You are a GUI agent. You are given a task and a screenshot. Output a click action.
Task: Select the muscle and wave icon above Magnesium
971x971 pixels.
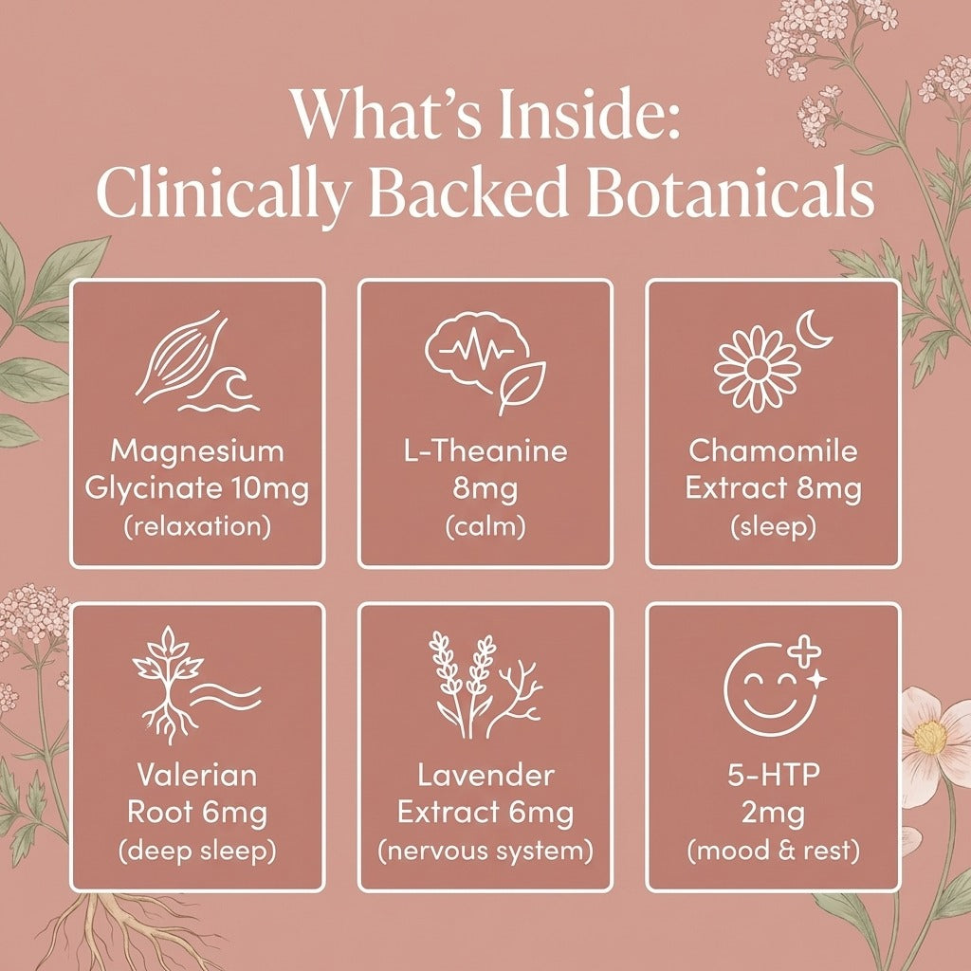pyautogui.click(x=197, y=362)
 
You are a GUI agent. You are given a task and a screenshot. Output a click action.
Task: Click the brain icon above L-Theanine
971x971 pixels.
pyautogui.click(x=478, y=352)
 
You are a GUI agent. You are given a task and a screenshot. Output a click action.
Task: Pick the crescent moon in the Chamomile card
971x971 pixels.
pyautogui.click(x=814, y=330)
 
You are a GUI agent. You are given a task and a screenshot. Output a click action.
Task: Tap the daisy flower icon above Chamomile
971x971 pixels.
pyautogui.click(x=758, y=369)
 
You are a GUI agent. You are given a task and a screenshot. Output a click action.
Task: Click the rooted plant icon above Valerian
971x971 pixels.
pyautogui.click(x=167, y=685)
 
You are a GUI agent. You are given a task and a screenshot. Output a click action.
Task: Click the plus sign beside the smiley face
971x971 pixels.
pyautogui.click(x=805, y=652)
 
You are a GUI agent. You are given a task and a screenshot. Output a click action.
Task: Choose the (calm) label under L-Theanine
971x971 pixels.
pyautogui.click(x=485, y=527)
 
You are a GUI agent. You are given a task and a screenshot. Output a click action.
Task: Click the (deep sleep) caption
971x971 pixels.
pyautogui.click(x=197, y=852)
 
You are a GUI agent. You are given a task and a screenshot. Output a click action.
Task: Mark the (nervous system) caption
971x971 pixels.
pyautogui.click(x=485, y=851)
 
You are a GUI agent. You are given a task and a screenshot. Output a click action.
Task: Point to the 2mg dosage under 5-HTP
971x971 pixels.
pyautogui.click(x=773, y=814)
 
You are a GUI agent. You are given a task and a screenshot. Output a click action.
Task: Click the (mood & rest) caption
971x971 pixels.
pyautogui.click(x=774, y=851)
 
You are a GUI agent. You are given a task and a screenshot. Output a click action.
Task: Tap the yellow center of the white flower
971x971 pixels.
pyautogui.click(x=929, y=737)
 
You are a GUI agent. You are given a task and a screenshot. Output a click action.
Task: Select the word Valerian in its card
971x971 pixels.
pyautogui.click(x=197, y=775)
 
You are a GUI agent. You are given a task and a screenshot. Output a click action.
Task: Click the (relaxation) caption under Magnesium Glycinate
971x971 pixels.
pyautogui.click(x=197, y=527)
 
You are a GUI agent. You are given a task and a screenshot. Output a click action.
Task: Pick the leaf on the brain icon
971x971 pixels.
pyautogui.click(x=522, y=388)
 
